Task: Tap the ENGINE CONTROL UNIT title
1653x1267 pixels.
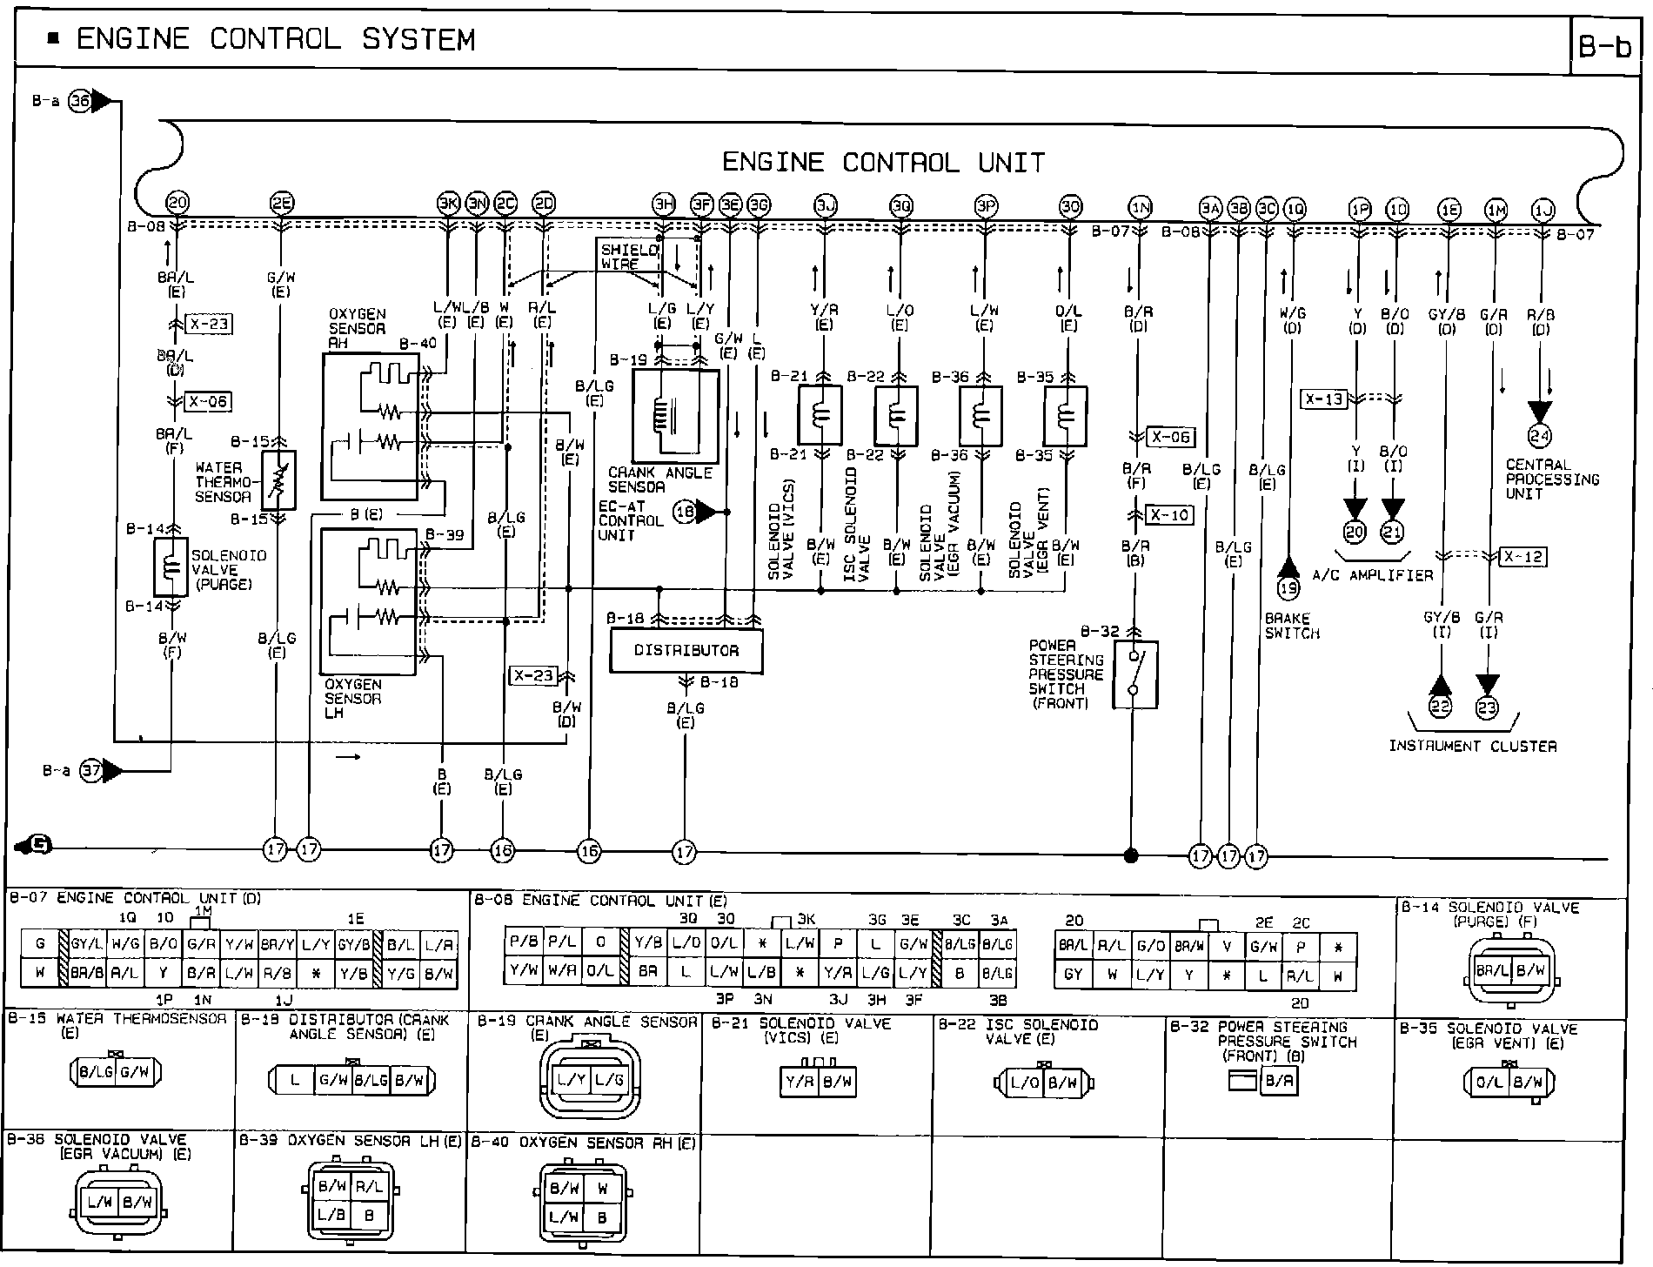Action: click(x=883, y=163)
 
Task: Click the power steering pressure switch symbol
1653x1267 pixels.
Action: click(x=1134, y=674)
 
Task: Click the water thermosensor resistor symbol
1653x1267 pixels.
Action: click(x=278, y=479)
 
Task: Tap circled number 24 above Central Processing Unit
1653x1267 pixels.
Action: click(x=1540, y=436)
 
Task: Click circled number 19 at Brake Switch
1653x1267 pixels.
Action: click(x=1288, y=588)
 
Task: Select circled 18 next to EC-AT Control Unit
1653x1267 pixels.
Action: click(x=686, y=513)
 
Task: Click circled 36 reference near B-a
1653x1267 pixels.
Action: click(x=80, y=101)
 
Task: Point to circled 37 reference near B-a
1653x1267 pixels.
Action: click(x=91, y=771)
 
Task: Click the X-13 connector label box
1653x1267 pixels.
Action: click(x=1323, y=399)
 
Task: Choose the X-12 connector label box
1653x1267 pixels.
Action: click(x=1522, y=557)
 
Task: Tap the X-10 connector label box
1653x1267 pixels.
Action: click(x=1169, y=515)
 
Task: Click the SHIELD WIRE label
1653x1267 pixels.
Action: click(x=630, y=257)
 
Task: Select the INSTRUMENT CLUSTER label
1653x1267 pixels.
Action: click(x=1472, y=746)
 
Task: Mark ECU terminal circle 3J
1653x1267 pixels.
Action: click(x=824, y=206)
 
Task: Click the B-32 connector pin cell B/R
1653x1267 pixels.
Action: click(x=1277, y=1083)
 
